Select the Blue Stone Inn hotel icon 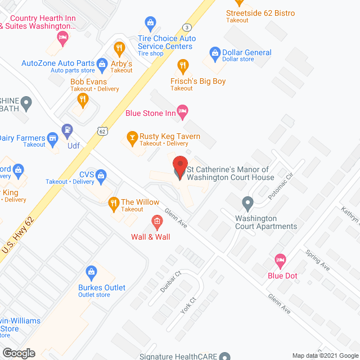(182, 110)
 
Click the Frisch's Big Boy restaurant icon (182, 66)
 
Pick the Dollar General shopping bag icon (214, 53)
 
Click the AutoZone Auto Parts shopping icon (102, 64)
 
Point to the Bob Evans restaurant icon (83, 100)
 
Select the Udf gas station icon (67, 130)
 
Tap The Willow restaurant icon (113, 202)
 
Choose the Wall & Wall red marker (157, 221)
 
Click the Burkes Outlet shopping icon (91, 273)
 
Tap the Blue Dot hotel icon (280, 260)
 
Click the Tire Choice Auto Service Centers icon (150, 22)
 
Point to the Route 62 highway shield (101, 131)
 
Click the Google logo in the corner (18, 353)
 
